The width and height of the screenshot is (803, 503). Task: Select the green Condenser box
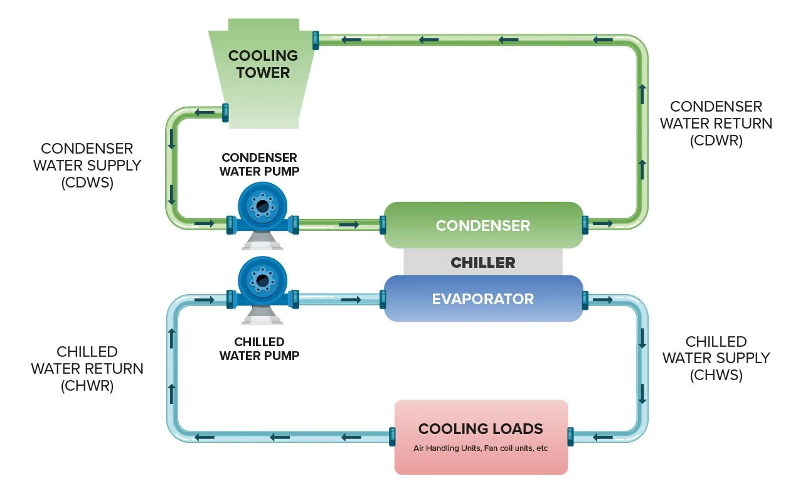pyautogui.click(x=483, y=225)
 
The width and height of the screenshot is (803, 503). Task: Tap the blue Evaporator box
pyautogui.click(x=483, y=299)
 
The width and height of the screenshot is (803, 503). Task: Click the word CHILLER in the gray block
pyautogui.click(x=483, y=262)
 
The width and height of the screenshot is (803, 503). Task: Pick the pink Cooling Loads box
pyautogui.click(x=481, y=437)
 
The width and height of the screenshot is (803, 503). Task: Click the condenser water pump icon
pyautogui.click(x=262, y=208)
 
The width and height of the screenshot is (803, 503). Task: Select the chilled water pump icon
pyautogui.click(x=262, y=282)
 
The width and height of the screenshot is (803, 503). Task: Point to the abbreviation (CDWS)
pyautogui.click(x=87, y=183)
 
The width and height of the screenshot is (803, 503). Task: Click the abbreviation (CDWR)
pyautogui.click(x=716, y=140)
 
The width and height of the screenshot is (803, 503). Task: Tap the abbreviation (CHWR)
pyautogui.click(x=87, y=386)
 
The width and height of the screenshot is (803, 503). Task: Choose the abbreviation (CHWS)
pyautogui.click(x=716, y=375)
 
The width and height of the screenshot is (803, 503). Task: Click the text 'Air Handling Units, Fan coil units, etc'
pyautogui.click(x=481, y=448)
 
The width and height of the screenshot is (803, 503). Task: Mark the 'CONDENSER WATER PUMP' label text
pyautogui.click(x=258, y=164)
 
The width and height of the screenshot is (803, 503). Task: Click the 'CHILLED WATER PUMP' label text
pyautogui.click(x=259, y=349)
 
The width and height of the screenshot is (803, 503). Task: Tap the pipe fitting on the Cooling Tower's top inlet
pyautogui.click(x=315, y=40)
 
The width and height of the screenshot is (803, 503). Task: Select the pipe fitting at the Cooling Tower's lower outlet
pyautogui.click(x=225, y=112)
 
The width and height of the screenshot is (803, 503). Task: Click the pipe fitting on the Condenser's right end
pyautogui.click(x=585, y=223)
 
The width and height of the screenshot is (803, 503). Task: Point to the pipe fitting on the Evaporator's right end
pyautogui.click(x=585, y=300)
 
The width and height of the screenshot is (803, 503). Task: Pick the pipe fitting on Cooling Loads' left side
pyautogui.click(x=392, y=436)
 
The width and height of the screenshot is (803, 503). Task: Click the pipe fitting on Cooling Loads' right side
pyautogui.click(x=570, y=436)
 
